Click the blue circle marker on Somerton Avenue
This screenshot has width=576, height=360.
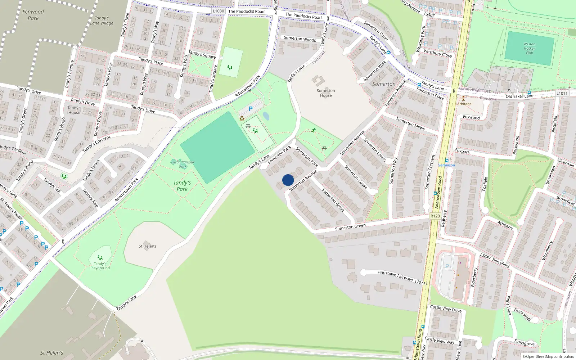coord(288,180)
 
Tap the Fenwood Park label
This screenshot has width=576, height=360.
coord(33,15)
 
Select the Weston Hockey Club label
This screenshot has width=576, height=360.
coord(529,48)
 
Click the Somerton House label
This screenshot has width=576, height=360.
coord(326,93)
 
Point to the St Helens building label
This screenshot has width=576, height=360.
coord(147,246)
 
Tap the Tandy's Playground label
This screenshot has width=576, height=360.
coord(100,266)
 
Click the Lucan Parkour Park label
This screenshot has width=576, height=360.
coord(183,164)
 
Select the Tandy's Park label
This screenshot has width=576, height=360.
coord(182,186)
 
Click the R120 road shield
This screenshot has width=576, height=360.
coord(435,216)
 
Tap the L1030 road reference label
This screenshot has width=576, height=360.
coord(219,11)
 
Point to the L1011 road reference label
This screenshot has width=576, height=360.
coord(562,93)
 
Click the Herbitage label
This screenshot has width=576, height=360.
coord(463,104)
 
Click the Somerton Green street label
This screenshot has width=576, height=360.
coord(350,227)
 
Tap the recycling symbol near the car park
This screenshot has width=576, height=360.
coord(242,118)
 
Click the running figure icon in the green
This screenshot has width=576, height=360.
coord(314,130)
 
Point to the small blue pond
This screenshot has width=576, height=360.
coord(266,116)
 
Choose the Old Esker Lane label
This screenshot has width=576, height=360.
coord(519,96)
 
